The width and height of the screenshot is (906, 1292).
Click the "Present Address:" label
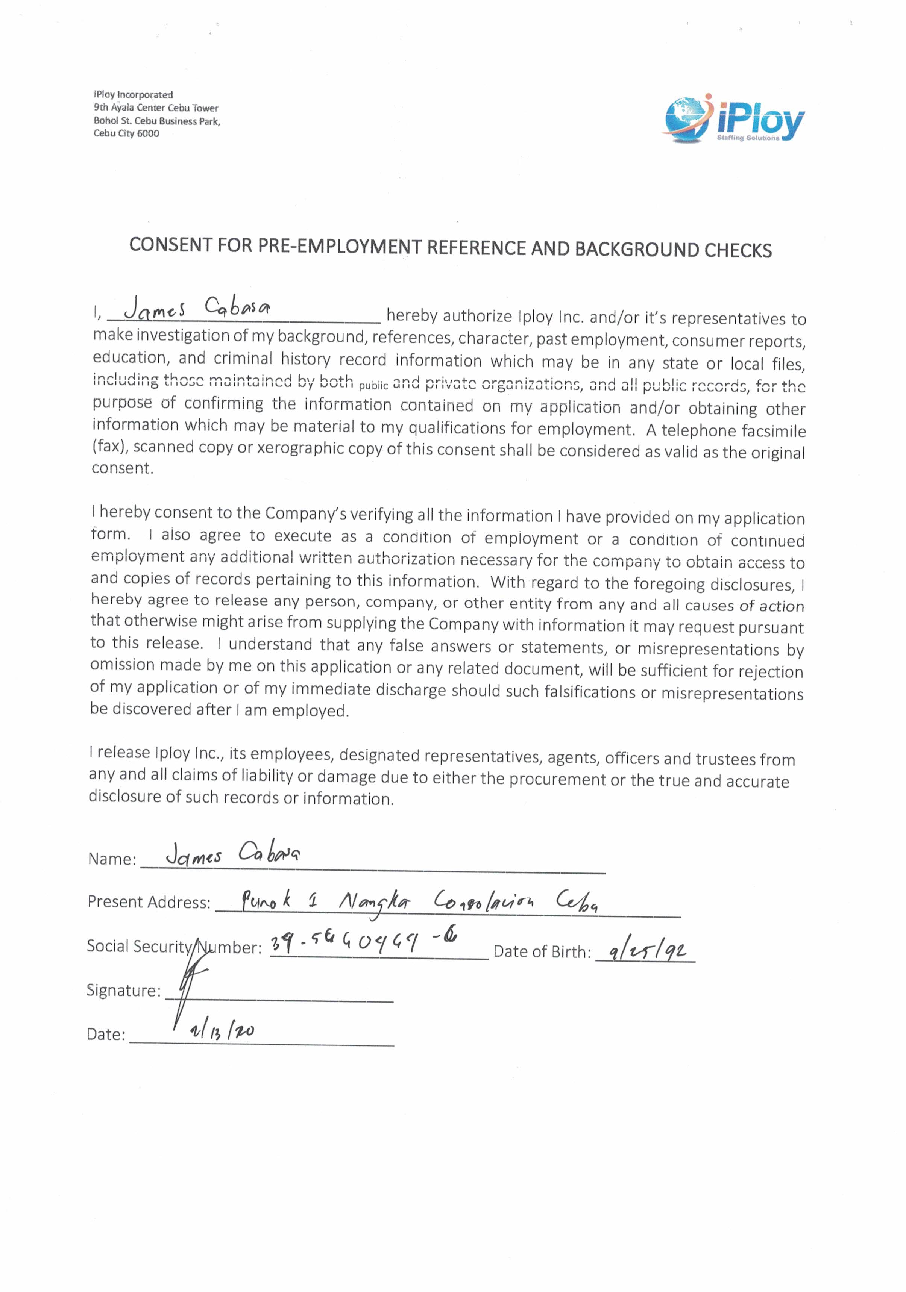(149, 902)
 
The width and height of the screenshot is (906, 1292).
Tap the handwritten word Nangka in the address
(375, 902)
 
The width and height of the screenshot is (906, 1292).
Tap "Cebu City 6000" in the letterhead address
(126, 134)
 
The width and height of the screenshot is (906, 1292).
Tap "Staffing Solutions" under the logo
(747, 138)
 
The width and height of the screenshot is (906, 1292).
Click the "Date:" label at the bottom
(106, 1034)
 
